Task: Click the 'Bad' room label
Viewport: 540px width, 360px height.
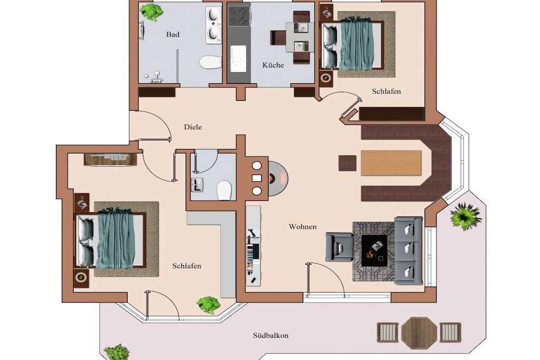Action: [172, 34]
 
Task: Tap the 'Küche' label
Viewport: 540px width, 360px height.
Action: [273, 65]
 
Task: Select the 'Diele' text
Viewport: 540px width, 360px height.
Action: [193, 127]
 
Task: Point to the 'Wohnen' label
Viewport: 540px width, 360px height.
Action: [303, 227]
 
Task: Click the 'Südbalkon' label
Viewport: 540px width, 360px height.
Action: [271, 336]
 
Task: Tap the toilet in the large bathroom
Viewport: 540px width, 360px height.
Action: [210, 62]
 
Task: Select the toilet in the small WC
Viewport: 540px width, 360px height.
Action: [224, 190]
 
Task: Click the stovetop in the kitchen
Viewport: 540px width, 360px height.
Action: [239, 16]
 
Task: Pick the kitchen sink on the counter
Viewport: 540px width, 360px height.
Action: [238, 59]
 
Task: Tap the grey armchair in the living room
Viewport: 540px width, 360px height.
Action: [339, 247]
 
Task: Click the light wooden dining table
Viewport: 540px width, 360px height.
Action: [391, 163]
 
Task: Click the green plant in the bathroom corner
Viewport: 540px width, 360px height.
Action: [151, 12]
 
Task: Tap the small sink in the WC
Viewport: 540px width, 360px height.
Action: [197, 185]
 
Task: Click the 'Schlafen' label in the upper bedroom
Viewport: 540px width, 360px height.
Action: [387, 92]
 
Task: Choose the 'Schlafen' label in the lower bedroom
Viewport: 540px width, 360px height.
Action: [187, 266]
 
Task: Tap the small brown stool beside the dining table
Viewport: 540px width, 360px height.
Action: [347, 163]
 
